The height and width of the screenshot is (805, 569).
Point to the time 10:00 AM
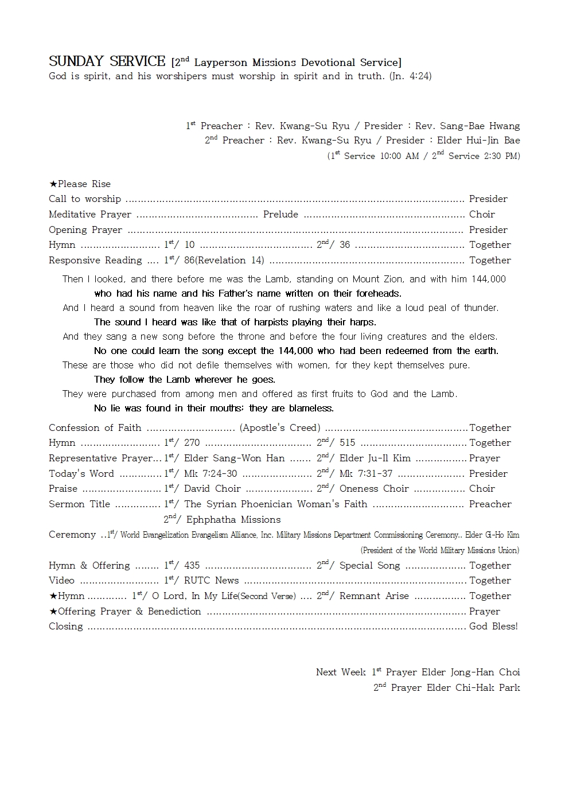coord(399,156)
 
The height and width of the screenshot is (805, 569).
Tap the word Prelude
coord(280,215)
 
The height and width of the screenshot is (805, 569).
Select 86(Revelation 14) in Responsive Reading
coord(224,260)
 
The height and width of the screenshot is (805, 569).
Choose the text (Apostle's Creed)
coord(280,428)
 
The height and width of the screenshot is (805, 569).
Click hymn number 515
coord(347,443)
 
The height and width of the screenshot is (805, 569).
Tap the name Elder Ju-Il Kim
coord(375,458)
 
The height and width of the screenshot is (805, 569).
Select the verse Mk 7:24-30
coord(211,474)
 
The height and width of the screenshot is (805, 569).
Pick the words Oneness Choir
coord(374,489)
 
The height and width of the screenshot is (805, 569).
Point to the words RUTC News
coord(211,581)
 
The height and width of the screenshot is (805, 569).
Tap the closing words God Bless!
coord(493,627)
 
